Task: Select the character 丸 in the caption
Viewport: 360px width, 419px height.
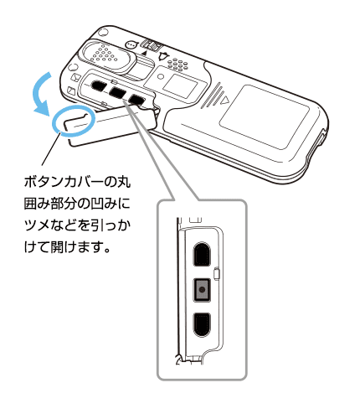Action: point(123,182)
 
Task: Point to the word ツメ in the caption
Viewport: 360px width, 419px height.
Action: point(38,225)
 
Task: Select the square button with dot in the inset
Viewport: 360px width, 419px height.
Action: point(202,290)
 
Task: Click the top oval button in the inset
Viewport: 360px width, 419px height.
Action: point(202,254)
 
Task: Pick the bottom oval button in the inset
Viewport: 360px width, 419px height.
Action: point(202,325)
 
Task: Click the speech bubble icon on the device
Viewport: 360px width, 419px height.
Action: point(131,44)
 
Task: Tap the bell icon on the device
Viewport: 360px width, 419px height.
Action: point(163,56)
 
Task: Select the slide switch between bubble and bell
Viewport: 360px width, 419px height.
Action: point(150,45)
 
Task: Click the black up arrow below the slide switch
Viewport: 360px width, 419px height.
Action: point(144,52)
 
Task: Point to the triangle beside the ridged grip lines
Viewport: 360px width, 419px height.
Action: point(224,100)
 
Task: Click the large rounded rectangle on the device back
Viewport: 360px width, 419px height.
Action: point(265,117)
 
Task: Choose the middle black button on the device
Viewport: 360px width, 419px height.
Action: point(116,92)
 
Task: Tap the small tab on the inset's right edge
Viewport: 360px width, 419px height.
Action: point(216,274)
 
